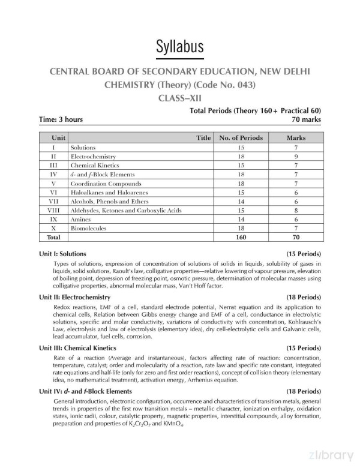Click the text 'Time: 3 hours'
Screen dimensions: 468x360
pyautogui.click(x=61, y=119)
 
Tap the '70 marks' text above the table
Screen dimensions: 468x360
pyautogui.click(x=302, y=119)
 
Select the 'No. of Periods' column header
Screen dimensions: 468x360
pyautogui.click(x=241, y=138)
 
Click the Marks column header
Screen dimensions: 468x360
pyautogui.click(x=296, y=138)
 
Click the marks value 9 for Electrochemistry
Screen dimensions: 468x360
pyautogui.click(x=296, y=156)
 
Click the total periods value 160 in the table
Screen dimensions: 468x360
pyautogui.click(x=241, y=238)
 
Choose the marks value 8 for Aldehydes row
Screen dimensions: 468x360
pyautogui.click(x=296, y=211)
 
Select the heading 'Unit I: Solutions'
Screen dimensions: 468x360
pyautogui.click(x=62, y=253)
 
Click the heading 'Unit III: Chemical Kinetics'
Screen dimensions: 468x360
pyautogui.click(x=77, y=347)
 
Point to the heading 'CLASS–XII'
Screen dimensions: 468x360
pyautogui.click(x=179, y=97)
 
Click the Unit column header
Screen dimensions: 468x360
pyautogui.click(x=58, y=138)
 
